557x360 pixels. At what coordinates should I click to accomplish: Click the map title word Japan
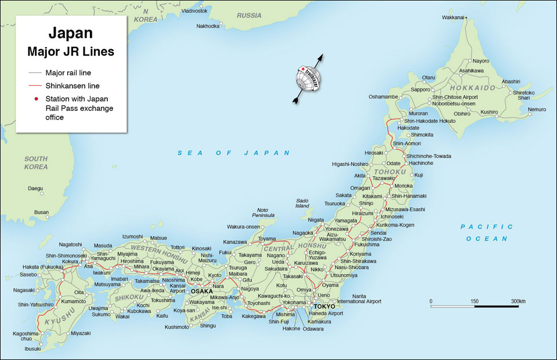(x=70, y=32)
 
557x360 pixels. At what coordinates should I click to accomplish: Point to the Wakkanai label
(x=453, y=17)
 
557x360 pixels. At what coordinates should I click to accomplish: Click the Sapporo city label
(x=421, y=90)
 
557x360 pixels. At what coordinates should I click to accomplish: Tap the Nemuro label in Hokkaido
(x=537, y=109)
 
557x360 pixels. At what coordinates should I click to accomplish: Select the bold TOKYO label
(x=324, y=306)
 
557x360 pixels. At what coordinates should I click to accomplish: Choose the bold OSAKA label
(x=202, y=291)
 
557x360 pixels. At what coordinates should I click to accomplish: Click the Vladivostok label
(x=194, y=11)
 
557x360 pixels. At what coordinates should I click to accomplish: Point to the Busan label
(x=41, y=212)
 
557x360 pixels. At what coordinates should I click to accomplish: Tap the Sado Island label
(x=302, y=203)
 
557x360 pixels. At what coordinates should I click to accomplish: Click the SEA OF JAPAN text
(x=233, y=152)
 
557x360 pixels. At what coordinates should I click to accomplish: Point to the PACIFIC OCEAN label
(x=486, y=232)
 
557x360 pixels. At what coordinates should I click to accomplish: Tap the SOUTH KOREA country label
(x=36, y=162)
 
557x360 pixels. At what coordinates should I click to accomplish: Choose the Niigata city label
(x=315, y=220)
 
